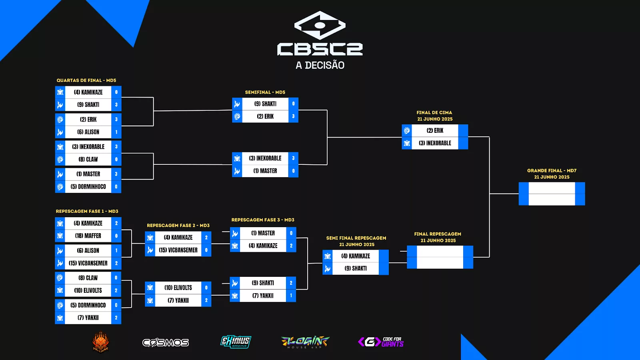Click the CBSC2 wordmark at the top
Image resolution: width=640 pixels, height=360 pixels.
[x=320, y=49]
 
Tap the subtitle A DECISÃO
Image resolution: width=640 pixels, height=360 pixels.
[x=320, y=65]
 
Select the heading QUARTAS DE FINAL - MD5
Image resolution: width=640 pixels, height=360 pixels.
[x=86, y=80]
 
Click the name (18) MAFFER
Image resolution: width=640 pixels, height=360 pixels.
[x=88, y=236]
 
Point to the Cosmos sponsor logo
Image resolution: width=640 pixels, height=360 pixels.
[x=166, y=342]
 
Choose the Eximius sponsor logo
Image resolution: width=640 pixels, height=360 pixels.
[x=236, y=342]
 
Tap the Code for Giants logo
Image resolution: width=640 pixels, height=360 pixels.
[x=381, y=342]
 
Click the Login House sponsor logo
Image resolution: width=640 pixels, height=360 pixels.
[x=306, y=342]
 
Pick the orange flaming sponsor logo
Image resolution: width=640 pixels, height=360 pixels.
[x=101, y=342]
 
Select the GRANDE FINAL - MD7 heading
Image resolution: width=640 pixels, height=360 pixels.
[x=552, y=171]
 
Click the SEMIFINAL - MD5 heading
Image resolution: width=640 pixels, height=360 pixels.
[x=265, y=92]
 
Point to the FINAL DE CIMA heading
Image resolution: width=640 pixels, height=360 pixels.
[x=434, y=113]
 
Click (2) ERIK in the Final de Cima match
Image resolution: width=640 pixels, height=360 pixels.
[x=435, y=131]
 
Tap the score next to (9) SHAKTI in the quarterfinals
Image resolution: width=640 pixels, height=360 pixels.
[x=116, y=105]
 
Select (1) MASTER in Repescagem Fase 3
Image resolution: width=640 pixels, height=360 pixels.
[x=263, y=233]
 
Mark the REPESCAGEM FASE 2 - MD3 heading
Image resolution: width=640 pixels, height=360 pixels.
[x=178, y=226]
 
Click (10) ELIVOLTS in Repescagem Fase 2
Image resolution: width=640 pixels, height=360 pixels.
[x=178, y=288]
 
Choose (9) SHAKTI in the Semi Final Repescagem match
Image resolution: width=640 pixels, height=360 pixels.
[x=356, y=268]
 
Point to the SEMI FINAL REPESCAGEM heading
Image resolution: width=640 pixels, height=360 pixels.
[x=356, y=238]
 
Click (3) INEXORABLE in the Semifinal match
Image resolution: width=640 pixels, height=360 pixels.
[x=265, y=158]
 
